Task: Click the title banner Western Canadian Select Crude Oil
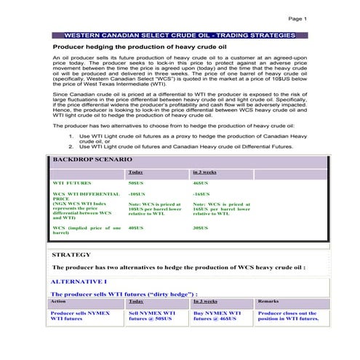tap(180, 35)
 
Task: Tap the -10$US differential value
tap(137, 195)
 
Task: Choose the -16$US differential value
tap(202, 195)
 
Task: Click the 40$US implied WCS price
tap(136, 228)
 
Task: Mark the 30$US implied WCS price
tap(201, 228)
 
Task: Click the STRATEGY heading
tap(71, 255)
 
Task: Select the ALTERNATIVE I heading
tap(80, 281)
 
